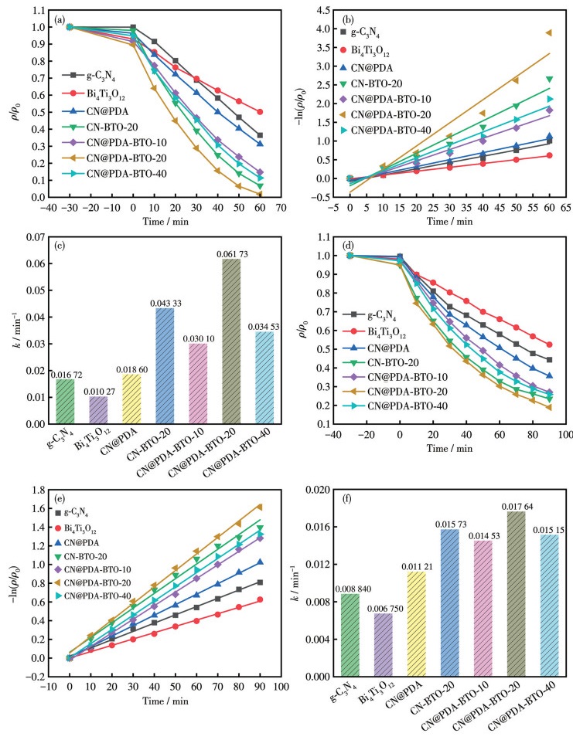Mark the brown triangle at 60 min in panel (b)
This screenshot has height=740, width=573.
(548, 32)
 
